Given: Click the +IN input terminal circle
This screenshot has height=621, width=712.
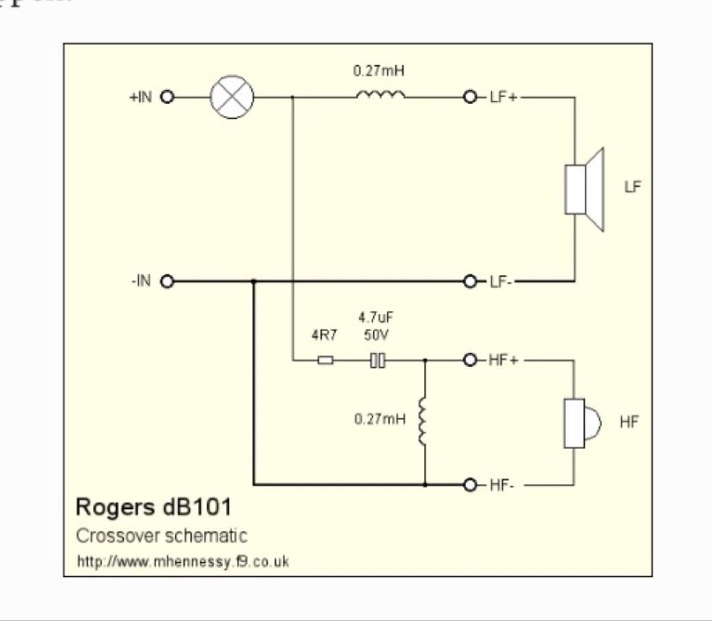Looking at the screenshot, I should pos(167,98).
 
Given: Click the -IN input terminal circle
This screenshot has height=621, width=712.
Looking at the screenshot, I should pos(167,281).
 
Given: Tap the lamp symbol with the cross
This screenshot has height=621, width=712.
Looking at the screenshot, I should pos(232,98).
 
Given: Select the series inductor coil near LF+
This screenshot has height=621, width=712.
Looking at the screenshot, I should pos(380,96).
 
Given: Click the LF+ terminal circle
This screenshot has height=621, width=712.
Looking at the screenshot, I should pos(470,98).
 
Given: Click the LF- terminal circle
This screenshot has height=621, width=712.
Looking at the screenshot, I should pos(470,281).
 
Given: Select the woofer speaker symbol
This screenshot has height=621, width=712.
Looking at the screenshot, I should pos(583,190).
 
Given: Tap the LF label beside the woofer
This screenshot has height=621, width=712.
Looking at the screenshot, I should pos(632,187).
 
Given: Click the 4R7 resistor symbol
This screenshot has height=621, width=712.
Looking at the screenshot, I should pos(326,361).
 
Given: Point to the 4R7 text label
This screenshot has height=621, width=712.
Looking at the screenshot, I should pos(324,335).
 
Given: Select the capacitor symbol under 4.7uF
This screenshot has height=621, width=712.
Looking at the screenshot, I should pos(377,361).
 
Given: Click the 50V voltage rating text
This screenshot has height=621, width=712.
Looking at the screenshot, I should pos(376,335).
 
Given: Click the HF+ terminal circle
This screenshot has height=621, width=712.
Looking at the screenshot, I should pos(470,361).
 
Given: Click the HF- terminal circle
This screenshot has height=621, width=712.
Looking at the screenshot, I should pos(470,485).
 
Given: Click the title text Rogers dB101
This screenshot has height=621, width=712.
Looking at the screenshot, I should pos(154,507).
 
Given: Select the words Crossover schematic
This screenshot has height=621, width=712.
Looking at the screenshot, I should pos(162,536).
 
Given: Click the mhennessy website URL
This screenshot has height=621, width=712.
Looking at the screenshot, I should pos(183,562).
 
